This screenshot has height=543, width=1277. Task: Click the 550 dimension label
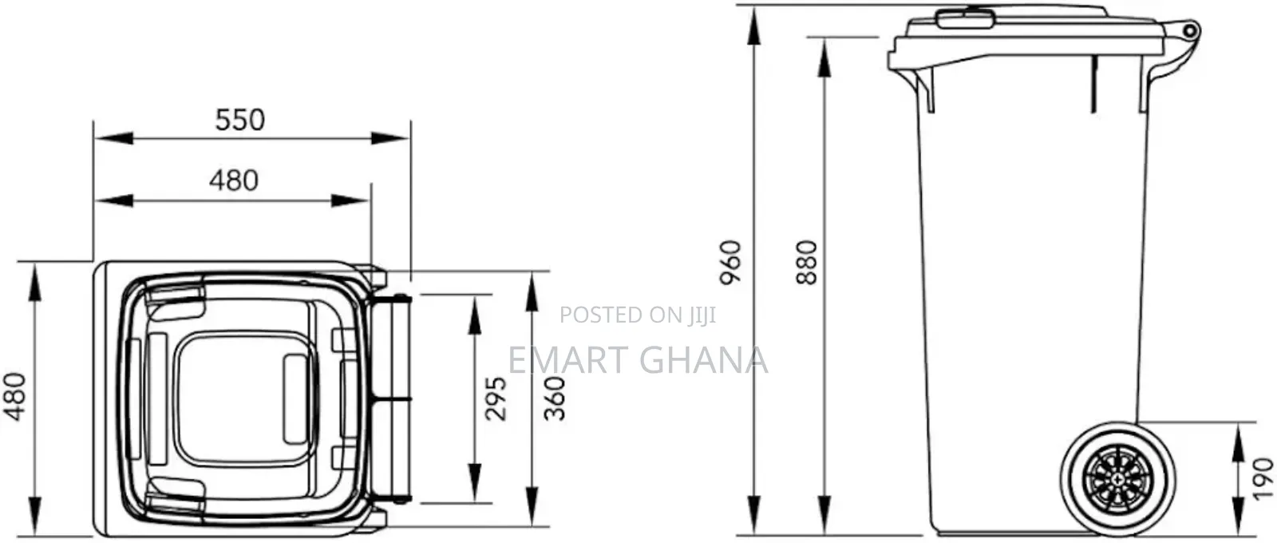[x=240, y=120]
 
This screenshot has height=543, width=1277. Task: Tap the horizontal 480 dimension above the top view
[x=234, y=180]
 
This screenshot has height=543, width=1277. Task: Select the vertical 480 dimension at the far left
[x=15, y=397]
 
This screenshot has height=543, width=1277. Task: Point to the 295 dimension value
[x=496, y=398]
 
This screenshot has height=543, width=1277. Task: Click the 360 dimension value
[x=555, y=398]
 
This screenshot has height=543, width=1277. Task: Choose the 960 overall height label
[x=731, y=263]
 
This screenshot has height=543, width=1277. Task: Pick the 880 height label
[x=807, y=263]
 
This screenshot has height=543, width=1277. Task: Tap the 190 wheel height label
[x=1263, y=478]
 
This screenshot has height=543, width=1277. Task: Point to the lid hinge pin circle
[x=1190, y=30]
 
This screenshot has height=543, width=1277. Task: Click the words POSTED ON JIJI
[x=638, y=315]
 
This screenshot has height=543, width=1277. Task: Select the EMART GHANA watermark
[x=638, y=360]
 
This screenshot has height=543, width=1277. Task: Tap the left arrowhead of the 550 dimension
[x=114, y=138]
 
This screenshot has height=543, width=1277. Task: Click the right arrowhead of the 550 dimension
[x=390, y=138]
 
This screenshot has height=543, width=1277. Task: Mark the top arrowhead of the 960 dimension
[x=754, y=26]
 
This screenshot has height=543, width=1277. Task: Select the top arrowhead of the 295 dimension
[x=475, y=315]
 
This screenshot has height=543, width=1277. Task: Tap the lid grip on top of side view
[x=965, y=18]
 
